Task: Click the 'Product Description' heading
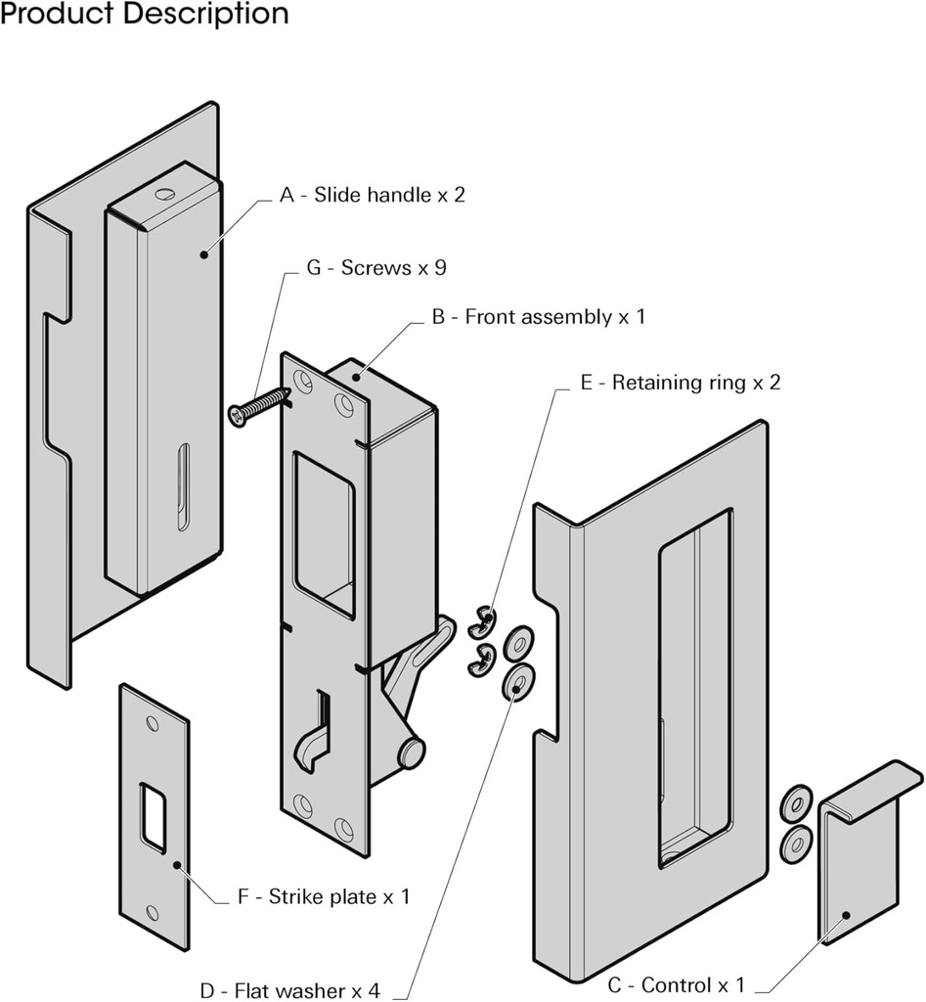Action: point(145,15)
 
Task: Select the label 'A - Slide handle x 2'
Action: point(373,195)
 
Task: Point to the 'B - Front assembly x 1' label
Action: point(538,317)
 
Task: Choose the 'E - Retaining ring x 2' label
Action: point(681,383)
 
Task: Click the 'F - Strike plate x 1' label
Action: point(325,896)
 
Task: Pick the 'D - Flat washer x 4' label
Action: point(289,989)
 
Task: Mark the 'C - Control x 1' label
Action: point(676,984)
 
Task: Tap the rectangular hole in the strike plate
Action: point(153,816)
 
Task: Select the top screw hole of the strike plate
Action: point(152,724)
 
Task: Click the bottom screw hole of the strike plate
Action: point(154,912)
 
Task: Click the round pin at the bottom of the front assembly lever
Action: point(411,753)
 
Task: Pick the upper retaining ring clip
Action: point(481,617)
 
